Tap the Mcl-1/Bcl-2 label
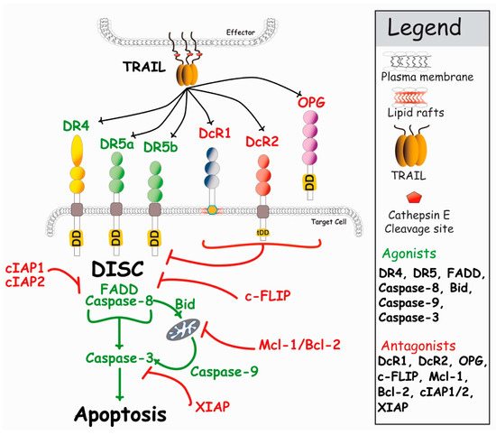(x=299, y=342)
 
